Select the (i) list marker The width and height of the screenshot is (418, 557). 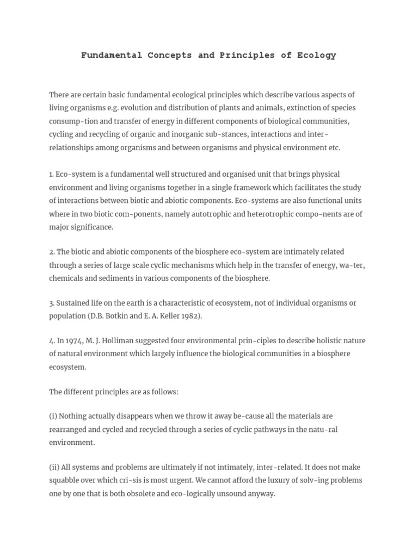pyautogui.click(x=53, y=416)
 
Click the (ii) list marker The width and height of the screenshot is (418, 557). pyautogui.click(x=54, y=467)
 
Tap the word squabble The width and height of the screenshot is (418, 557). pyautogui.click(x=66, y=481)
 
